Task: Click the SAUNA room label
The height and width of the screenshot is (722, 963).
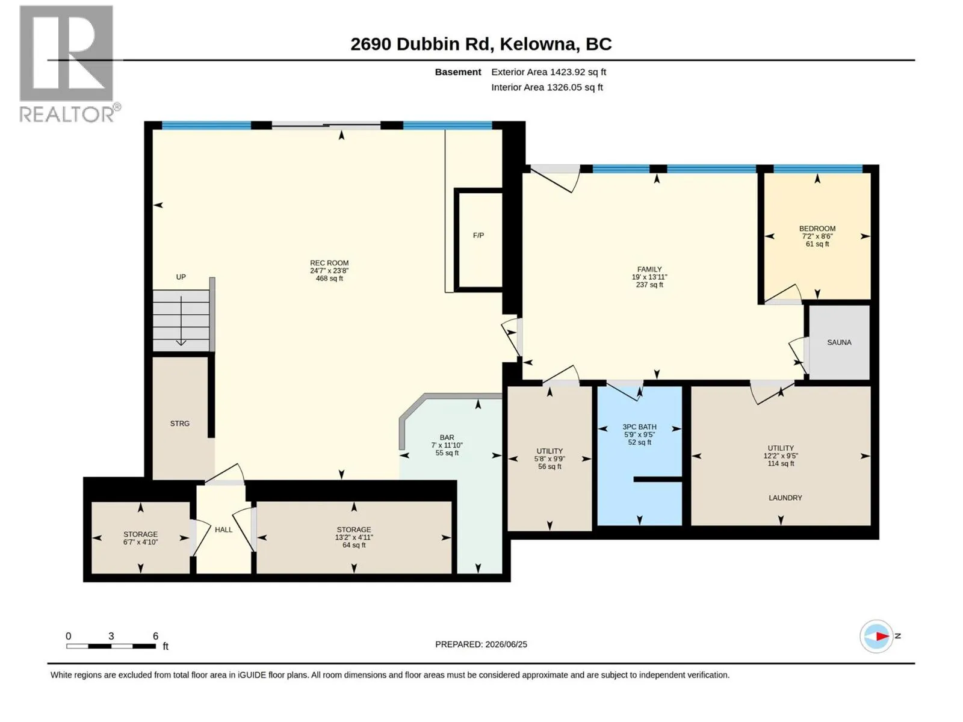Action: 839,342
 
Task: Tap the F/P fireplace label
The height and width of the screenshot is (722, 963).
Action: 478,235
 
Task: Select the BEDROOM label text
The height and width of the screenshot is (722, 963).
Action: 817,229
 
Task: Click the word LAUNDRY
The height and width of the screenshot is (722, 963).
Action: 785,498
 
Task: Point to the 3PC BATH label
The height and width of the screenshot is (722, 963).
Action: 639,427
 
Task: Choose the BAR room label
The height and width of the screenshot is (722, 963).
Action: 447,437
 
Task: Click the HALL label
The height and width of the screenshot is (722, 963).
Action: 223,529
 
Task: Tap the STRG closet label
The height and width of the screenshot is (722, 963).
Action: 179,424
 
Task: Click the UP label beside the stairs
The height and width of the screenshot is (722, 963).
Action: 181,277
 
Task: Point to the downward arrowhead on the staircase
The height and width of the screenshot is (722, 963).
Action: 181,342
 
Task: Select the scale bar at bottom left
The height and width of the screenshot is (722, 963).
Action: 111,646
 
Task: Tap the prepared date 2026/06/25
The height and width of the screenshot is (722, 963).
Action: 506,644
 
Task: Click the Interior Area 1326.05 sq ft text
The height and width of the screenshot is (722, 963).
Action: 547,87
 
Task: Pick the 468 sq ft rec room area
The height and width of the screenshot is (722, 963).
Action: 329,279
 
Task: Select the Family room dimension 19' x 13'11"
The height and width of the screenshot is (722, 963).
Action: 649,277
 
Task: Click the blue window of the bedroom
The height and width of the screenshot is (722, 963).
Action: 818,169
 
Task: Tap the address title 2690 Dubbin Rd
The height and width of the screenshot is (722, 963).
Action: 420,45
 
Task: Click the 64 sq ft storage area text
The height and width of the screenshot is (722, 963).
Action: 354,545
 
